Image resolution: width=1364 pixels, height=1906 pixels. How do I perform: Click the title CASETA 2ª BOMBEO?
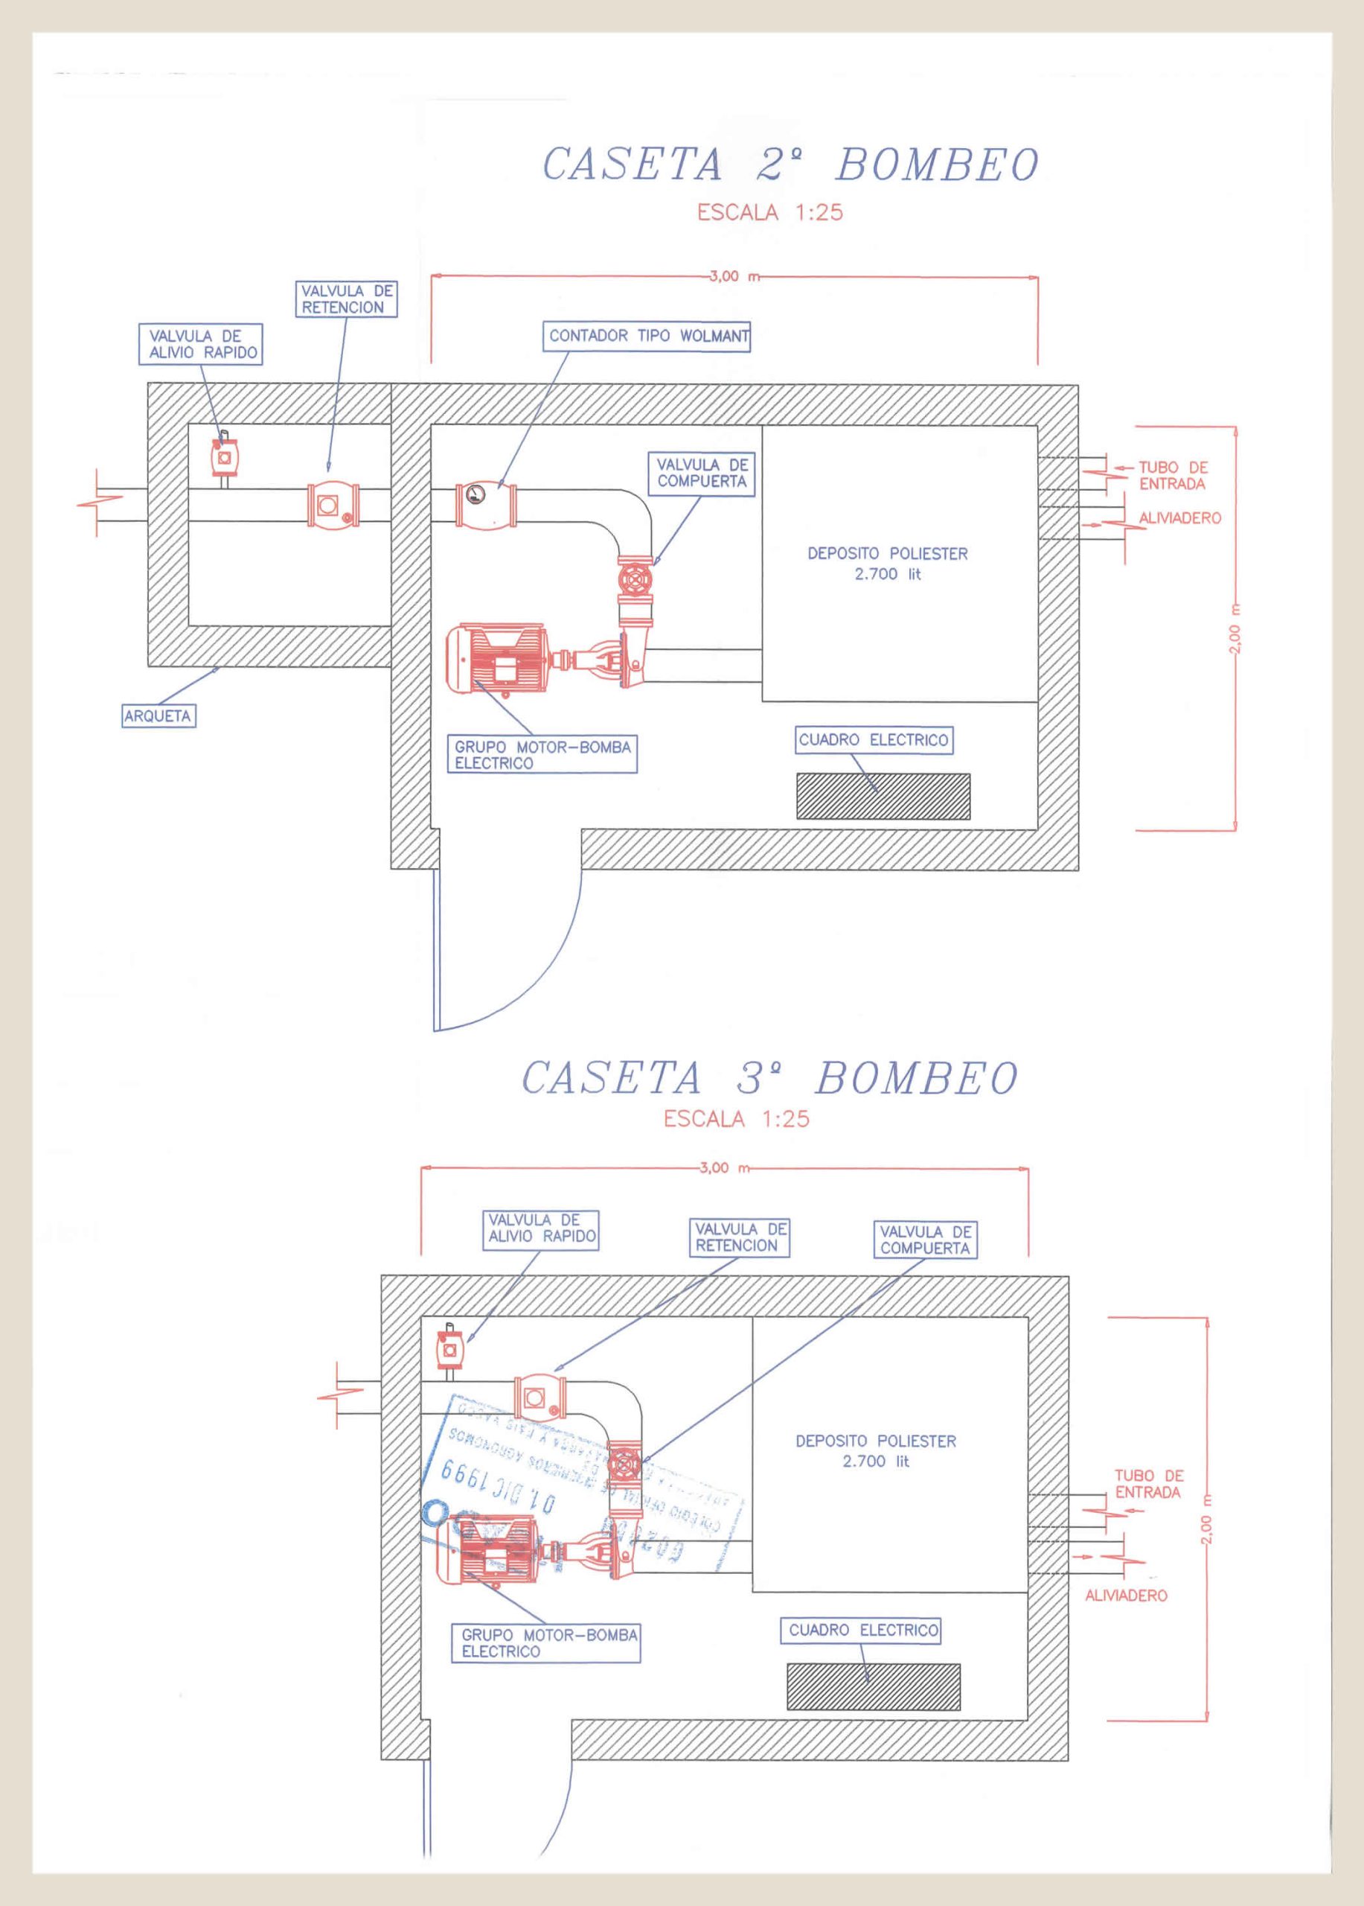pyautogui.click(x=790, y=164)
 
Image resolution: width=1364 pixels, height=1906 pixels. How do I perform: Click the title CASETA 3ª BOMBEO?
pyautogui.click(x=769, y=1078)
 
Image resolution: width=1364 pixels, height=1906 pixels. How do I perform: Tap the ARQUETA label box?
pyautogui.click(x=158, y=717)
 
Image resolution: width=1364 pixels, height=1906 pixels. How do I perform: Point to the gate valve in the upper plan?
pyautogui.click(x=635, y=579)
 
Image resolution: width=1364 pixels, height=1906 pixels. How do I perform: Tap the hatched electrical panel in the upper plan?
pyautogui.click(x=883, y=797)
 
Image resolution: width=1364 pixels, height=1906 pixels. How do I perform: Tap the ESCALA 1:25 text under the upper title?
pyautogui.click(x=769, y=213)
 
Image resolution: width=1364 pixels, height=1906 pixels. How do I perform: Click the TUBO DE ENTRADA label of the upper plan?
pyautogui.click(x=1172, y=475)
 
